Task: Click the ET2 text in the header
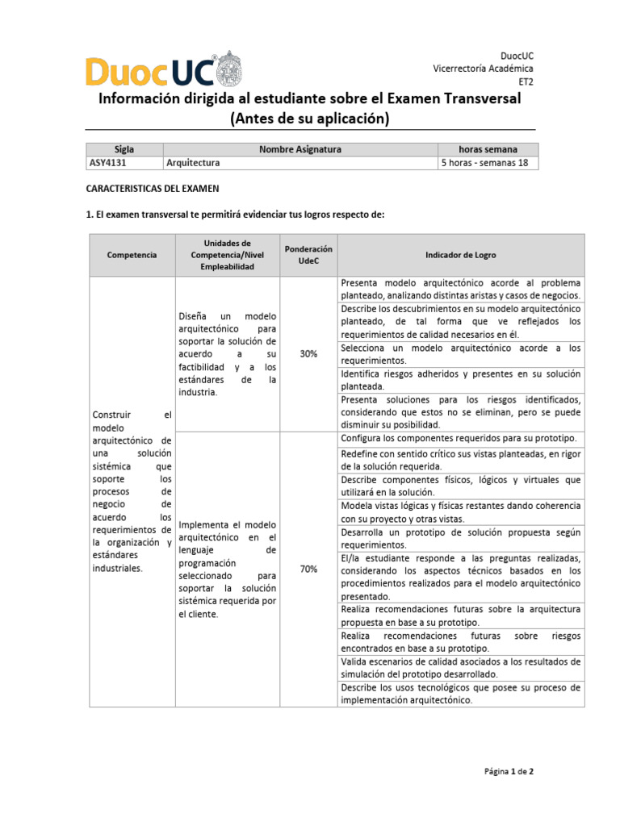(526, 81)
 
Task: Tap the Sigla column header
(124, 149)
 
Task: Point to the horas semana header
(488, 149)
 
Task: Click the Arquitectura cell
(193, 162)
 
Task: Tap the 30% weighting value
(308, 354)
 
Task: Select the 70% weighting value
(308, 569)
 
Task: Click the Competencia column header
(132, 255)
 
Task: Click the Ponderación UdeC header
(308, 255)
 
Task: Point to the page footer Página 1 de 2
(509, 771)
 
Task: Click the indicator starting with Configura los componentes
(459, 437)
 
